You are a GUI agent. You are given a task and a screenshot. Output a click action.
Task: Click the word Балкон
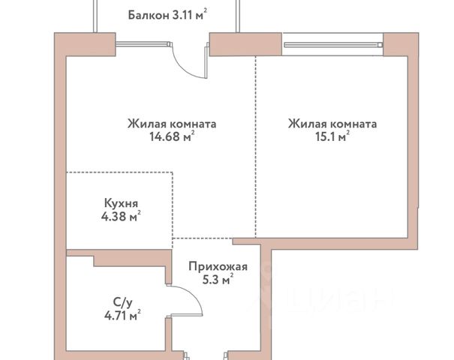point(149,15)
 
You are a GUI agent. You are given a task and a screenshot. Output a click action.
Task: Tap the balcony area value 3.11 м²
point(190,14)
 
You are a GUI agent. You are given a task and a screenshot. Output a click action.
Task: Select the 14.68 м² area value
point(172,136)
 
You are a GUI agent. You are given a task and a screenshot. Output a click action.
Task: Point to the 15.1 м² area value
point(332,136)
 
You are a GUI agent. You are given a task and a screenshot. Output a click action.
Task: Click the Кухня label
point(121,203)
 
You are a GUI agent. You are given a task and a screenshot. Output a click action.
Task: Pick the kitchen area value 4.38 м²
point(121,216)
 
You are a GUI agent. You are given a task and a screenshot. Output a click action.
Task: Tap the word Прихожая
point(218,266)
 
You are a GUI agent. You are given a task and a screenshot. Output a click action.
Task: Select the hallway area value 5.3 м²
point(218,280)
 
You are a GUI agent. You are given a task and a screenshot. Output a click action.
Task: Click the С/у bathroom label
point(122,303)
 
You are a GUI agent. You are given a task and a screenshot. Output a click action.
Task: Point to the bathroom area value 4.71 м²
point(122,315)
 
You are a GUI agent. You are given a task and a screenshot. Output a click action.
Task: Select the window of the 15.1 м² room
point(333,44)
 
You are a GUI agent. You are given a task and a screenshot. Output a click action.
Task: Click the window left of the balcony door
point(144,44)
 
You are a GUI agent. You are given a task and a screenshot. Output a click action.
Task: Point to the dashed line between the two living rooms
point(256,147)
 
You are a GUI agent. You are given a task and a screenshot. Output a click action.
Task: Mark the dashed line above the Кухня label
point(119,172)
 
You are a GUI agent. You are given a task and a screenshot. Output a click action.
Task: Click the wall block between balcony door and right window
point(245,44)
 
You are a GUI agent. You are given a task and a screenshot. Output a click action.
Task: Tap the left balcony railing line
point(95,16)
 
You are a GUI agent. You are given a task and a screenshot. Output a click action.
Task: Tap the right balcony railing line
point(238,16)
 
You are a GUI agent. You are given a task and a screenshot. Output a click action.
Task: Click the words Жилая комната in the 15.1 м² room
point(332,124)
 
